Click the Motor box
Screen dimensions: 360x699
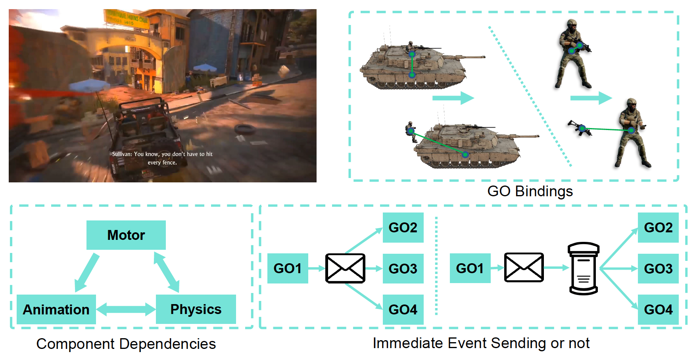point(126,235)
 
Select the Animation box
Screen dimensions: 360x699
point(56,310)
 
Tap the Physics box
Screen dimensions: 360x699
point(196,309)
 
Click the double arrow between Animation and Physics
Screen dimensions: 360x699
point(126,309)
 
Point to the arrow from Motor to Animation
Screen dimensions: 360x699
point(87,272)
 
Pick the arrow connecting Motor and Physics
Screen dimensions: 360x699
point(167,272)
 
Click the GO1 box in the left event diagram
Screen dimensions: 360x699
point(287,268)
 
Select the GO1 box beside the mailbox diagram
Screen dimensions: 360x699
point(470,268)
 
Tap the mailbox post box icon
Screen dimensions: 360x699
point(583,268)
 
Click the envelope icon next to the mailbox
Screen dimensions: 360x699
point(524,268)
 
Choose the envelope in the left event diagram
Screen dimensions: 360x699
point(345,268)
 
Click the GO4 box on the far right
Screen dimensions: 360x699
point(658,309)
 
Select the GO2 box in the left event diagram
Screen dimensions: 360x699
point(403,228)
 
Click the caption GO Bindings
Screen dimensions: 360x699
point(530,191)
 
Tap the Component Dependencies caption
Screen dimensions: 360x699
point(126,344)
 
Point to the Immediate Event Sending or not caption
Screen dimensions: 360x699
point(481,343)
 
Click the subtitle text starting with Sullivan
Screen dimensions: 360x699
point(162,158)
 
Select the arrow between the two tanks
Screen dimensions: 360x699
point(453,98)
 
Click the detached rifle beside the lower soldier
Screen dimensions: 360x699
point(580,128)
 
